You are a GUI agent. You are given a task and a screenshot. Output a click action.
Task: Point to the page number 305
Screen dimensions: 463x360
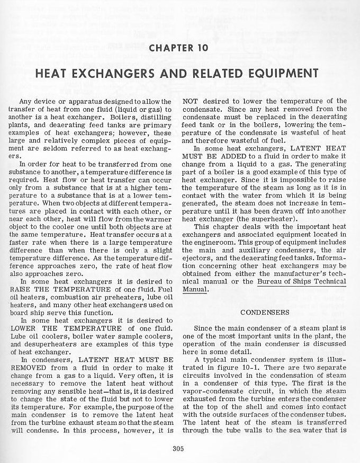pos(177,451)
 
